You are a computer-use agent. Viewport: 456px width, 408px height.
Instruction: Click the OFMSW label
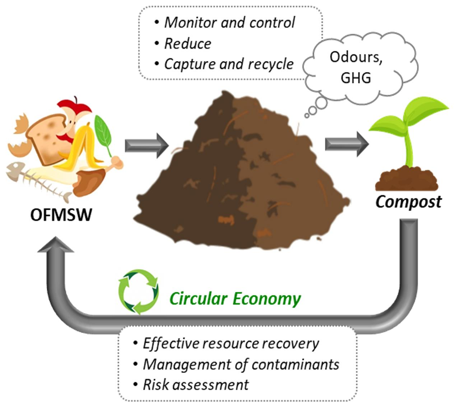tap(61, 215)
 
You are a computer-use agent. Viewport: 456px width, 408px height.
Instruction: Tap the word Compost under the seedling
tap(408, 202)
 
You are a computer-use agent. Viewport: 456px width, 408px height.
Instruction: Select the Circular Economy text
tap(235, 299)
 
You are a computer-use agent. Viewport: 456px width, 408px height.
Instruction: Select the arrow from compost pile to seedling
tap(346, 144)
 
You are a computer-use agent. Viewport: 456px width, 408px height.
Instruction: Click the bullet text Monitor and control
tap(229, 23)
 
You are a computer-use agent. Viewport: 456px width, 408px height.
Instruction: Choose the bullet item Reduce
tap(187, 44)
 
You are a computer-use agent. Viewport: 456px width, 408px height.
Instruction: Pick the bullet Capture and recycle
tap(229, 64)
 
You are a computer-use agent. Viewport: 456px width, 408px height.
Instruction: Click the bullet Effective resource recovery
tap(231, 344)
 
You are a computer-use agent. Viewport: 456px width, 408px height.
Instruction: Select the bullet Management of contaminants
tap(241, 364)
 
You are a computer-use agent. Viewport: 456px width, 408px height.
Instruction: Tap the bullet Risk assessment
tap(196, 385)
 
